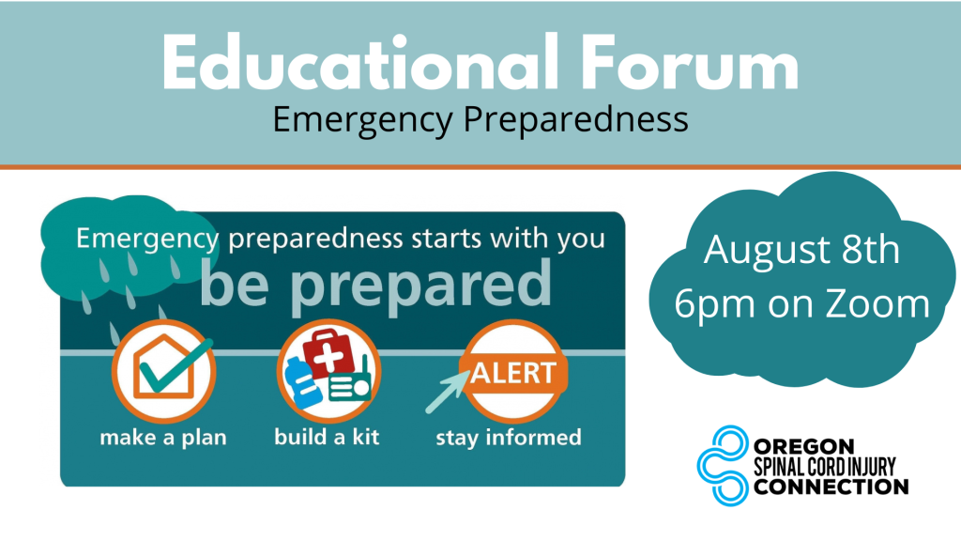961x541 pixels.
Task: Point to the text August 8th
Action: click(x=802, y=251)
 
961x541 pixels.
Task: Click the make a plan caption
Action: click(x=163, y=438)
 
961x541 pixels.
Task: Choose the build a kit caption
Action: click(x=327, y=438)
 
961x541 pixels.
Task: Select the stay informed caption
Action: click(x=508, y=438)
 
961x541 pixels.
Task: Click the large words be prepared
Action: click(x=374, y=283)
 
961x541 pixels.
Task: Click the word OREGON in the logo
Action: click(x=804, y=444)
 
